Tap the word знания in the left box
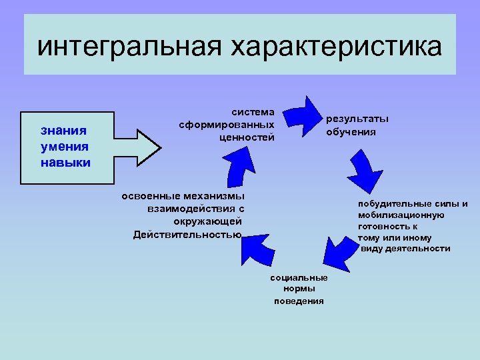pos(63,130)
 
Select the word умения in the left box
pos(65,146)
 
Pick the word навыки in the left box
pos(65,162)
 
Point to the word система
pos(253,112)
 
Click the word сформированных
pos(227,125)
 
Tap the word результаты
pos(357,119)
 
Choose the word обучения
pos(351,131)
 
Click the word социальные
pos(299,277)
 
